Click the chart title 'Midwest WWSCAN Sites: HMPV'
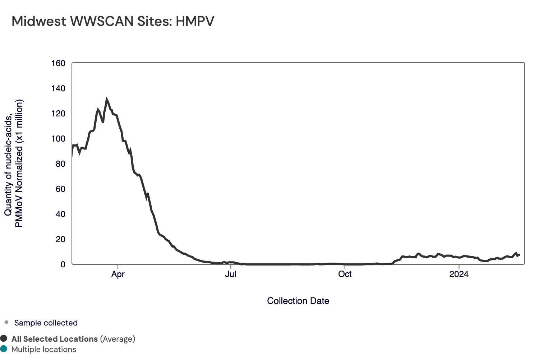click(113, 22)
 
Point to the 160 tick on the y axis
click(58, 64)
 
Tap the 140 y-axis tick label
click(58, 89)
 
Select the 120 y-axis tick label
click(58, 114)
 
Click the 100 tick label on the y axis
click(58, 139)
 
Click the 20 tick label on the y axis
click(60, 240)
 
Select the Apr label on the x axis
click(118, 274)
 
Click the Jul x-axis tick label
click(230, 274)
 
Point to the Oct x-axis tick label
click(345, 274)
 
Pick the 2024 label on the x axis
click(459, 274)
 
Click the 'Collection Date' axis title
click(298, 301)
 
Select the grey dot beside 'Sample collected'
click(6, 322)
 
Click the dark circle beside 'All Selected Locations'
click(4, 338)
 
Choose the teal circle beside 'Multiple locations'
click(4, 349)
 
